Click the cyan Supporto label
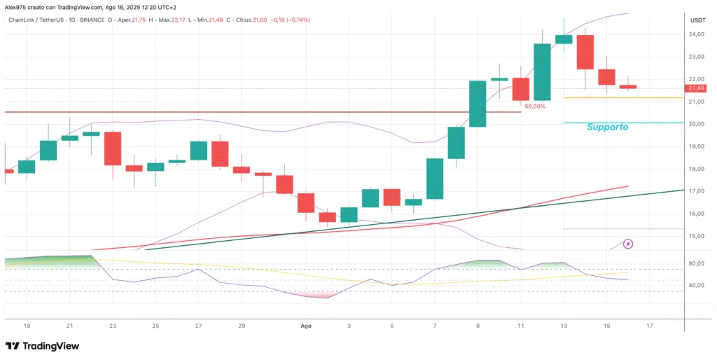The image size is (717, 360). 607,127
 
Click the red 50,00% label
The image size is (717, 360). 535,106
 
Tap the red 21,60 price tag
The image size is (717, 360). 697,88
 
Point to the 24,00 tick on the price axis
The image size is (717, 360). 696,34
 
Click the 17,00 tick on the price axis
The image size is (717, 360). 696,191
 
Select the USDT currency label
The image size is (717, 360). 697,20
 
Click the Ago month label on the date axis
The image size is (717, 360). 305,326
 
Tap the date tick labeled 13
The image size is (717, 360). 564,326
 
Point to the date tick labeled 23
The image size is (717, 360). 113,326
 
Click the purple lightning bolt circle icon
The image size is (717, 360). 628,244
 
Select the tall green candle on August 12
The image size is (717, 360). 542,71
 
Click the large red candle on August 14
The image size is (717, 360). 585,52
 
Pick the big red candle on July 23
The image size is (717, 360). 113,148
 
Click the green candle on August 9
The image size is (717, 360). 478,104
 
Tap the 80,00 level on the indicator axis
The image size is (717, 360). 696,263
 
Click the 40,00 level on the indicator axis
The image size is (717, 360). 696,286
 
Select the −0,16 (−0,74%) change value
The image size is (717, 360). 291,20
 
